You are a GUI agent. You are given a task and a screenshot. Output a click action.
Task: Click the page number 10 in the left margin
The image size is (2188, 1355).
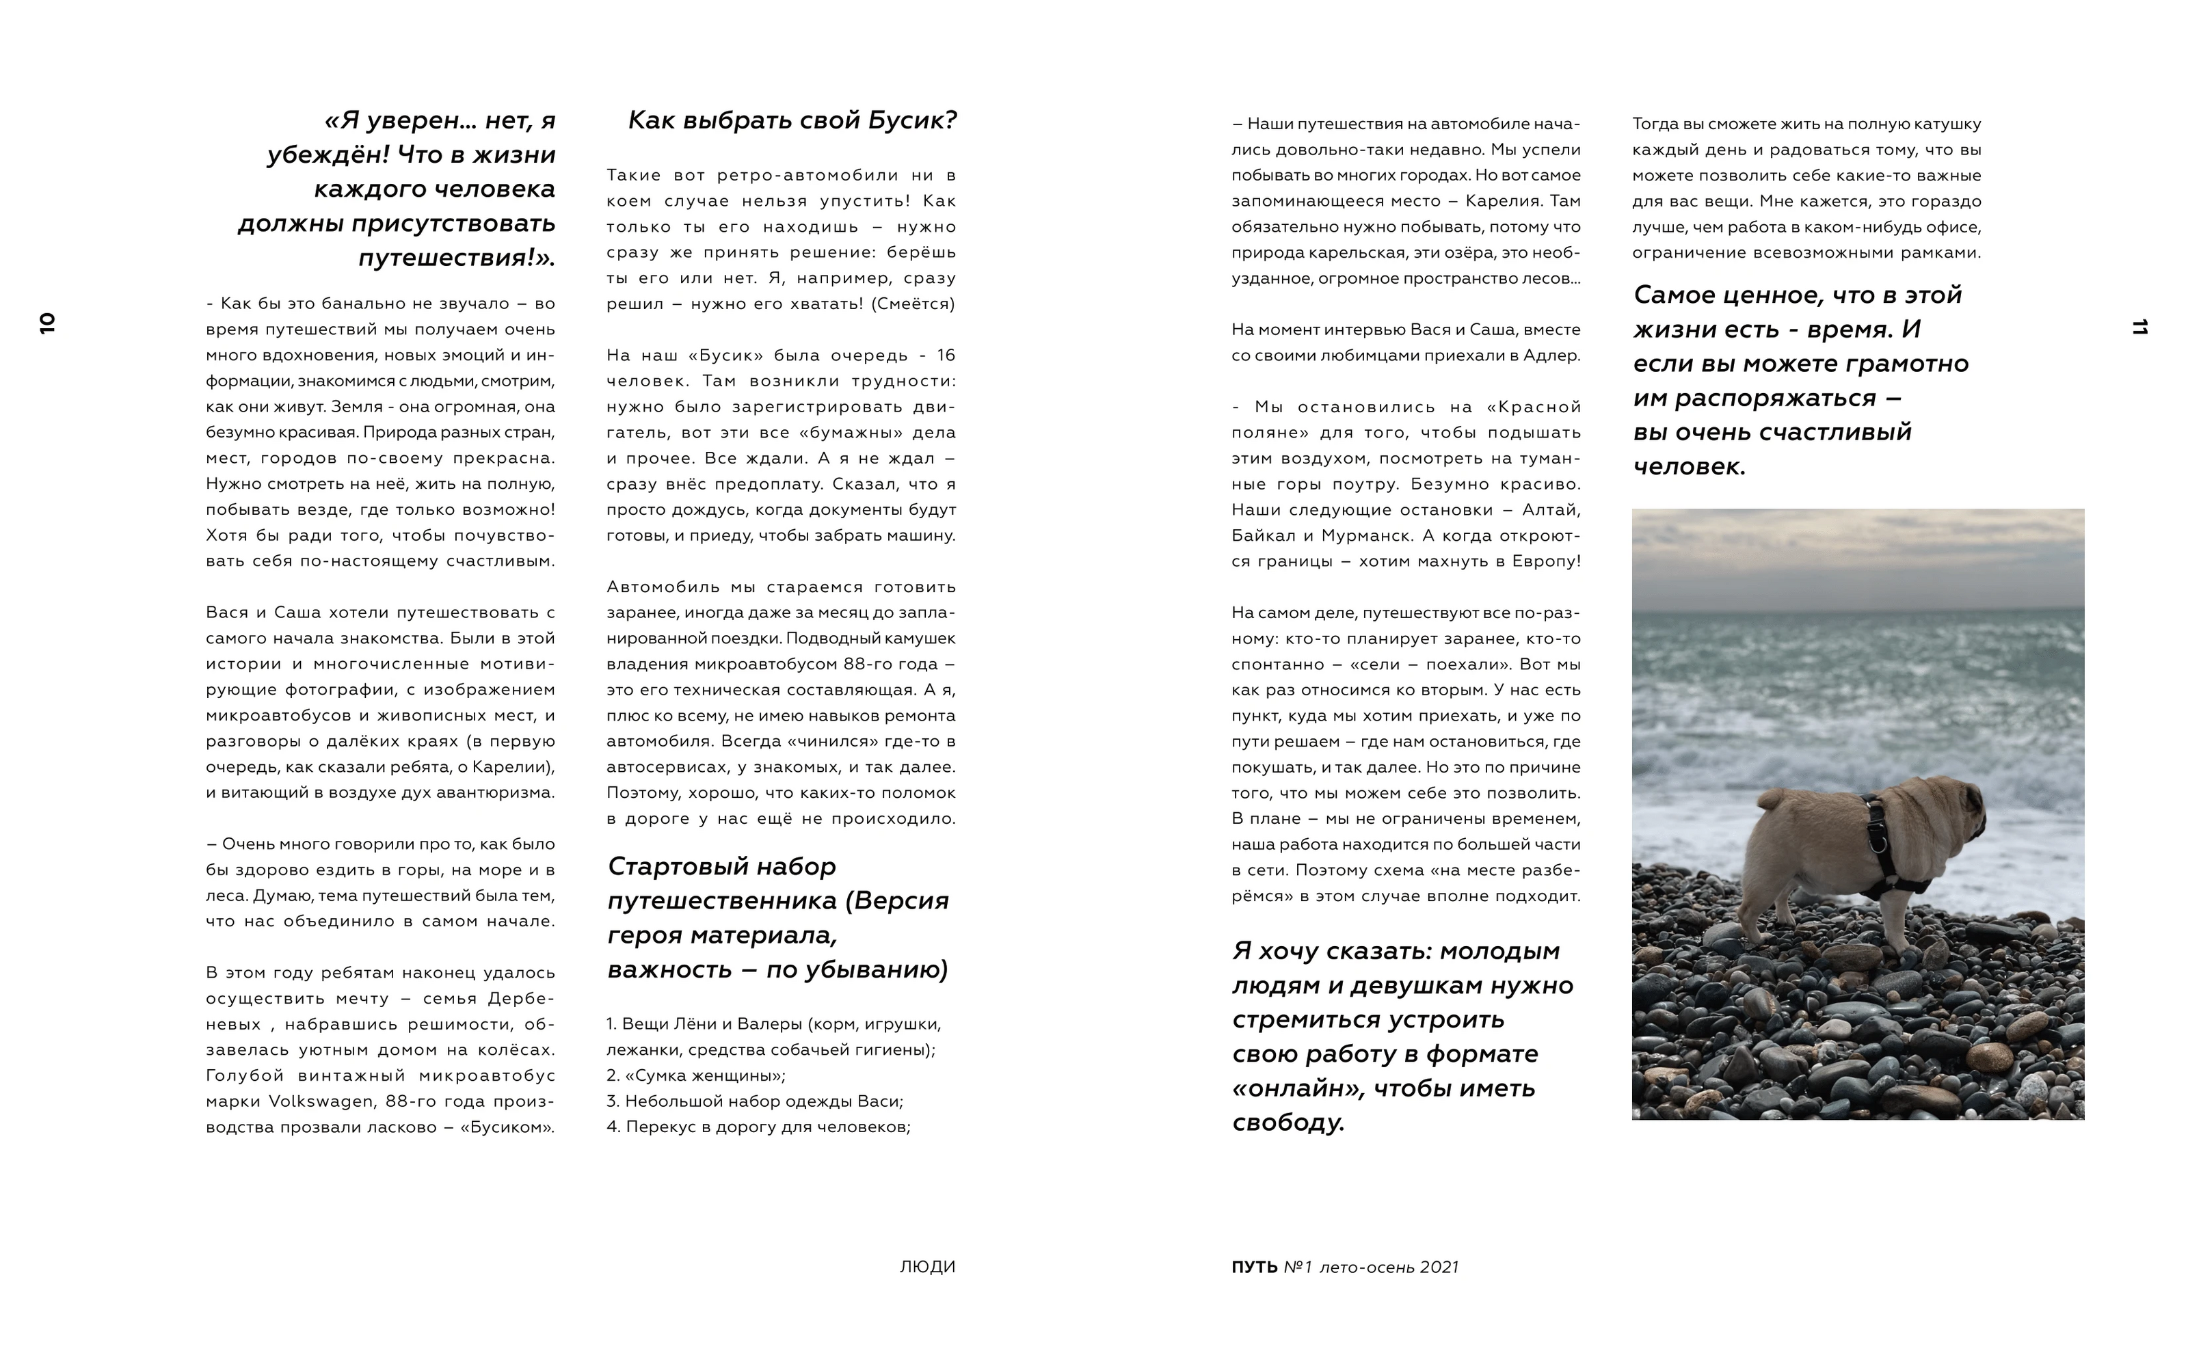point(46,323)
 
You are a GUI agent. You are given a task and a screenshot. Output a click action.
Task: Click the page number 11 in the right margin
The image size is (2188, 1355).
point(2139,327)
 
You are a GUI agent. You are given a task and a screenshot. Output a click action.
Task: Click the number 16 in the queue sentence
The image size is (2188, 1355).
point(946,355)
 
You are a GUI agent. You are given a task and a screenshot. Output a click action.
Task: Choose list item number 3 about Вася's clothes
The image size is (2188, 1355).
point(755,1101)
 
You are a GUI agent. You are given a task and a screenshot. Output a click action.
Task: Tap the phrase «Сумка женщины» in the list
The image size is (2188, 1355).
point(704,1075)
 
